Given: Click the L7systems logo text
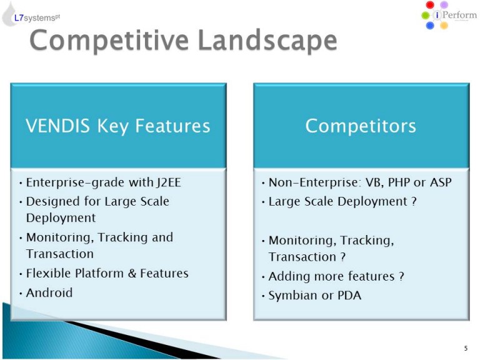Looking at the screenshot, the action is [37, 17].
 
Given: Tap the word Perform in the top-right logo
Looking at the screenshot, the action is [459, 15].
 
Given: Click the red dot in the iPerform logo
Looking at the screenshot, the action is [430, 4].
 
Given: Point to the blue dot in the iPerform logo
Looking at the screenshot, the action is [430, 26].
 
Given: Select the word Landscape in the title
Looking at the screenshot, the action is [268, 40].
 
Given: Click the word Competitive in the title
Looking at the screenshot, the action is [109, 41].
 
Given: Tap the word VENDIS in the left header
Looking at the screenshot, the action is [57, 126].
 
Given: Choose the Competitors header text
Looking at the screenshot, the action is [361, 126].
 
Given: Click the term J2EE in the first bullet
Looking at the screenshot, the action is [169, 182].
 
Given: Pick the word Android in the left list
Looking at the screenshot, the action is [49, 292].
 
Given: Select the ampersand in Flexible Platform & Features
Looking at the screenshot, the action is [132, 273].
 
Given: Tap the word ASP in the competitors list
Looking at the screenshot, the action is [441, 182].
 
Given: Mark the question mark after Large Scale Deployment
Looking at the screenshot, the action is [414, 201].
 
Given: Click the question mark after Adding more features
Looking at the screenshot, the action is [401, 276].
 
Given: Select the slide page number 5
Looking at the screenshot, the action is [466, 348].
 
